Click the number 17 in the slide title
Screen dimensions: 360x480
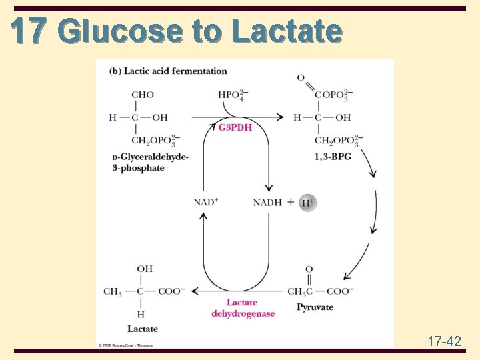[x=29, y=30]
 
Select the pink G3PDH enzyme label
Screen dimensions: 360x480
[x=235, y=127]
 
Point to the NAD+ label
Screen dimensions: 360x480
[x=206, y=202]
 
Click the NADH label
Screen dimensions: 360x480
[x=267, y=202]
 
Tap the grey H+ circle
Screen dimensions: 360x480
[x=307, y=203]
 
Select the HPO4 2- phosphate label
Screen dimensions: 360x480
[x=233, y=95]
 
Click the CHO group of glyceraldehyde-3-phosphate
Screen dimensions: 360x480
[x=143, y=95]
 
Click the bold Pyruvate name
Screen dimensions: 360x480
[x=315, y=307]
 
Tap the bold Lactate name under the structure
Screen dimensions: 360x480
[x=143, y=329]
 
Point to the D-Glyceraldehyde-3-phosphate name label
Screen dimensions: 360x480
[x=150, y=162]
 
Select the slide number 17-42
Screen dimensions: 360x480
[x=444, y=341]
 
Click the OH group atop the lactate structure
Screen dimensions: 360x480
[x=145, y=269]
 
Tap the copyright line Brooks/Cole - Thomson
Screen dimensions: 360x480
[x=126, y=345]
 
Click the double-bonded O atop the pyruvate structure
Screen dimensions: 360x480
[x=309, y=269]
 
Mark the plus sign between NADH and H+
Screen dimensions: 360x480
[x=291, y=202]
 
